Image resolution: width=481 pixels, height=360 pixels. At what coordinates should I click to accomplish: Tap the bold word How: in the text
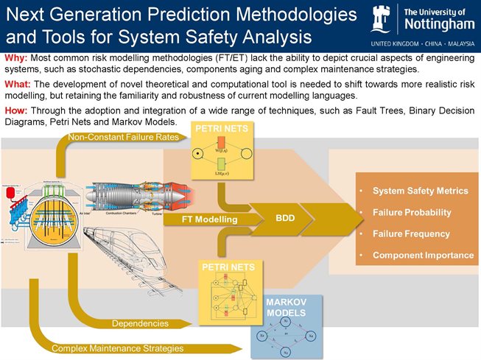tap(15, 110)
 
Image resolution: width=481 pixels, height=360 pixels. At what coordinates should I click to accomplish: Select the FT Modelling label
tap(210, 219)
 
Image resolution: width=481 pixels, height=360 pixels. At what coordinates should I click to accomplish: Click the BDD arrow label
tap(284, 219)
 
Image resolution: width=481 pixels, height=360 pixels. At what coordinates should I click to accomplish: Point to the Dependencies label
tap(139, 323)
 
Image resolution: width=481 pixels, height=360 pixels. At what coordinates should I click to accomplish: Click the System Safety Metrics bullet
tap(420, 191)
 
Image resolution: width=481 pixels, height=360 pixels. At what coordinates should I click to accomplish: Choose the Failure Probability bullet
tap(412, 213)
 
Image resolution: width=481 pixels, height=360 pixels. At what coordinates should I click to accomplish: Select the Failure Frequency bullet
tap(411, 234)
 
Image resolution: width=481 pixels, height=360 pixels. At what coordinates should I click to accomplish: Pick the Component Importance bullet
tap(423, 255)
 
